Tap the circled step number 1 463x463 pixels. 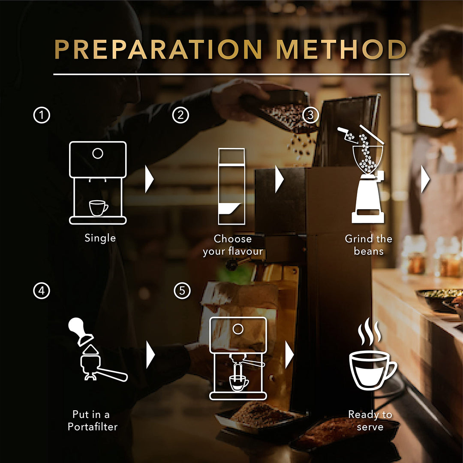42,115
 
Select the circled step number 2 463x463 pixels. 180,115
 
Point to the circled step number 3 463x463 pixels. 311,115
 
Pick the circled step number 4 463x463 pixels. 42,291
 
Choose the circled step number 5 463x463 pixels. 182,291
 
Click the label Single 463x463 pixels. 100,238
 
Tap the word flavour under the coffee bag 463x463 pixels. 246,251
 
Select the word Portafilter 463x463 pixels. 93,427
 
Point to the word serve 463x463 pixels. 370,427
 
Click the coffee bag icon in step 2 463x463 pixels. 231,186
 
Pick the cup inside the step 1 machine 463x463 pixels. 99,208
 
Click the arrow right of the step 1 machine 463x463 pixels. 150,179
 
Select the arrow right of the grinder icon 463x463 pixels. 425,179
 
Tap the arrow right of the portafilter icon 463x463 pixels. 150,355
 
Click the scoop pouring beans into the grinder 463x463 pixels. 346,134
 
